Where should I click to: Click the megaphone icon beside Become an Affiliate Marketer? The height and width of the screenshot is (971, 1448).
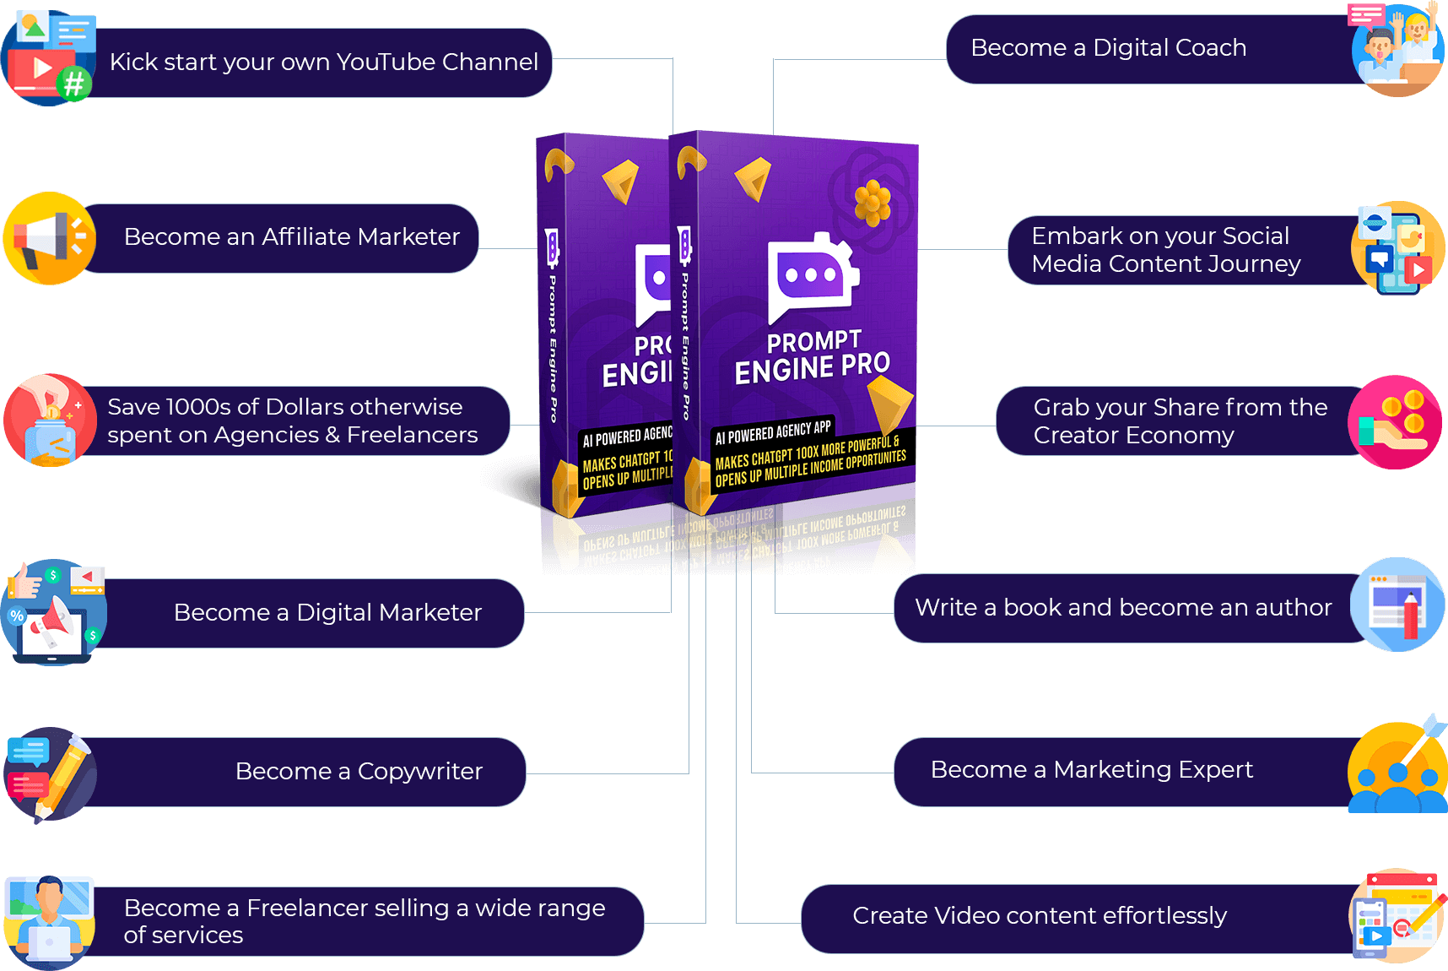click(x=49, y=239)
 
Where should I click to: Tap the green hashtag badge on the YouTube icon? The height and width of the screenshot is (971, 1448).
click(x=74, y=84)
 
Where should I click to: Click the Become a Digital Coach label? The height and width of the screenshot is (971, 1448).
click(x=1108, y=48)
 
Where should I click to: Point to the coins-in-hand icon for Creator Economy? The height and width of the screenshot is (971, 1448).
click(x=1395, y=422)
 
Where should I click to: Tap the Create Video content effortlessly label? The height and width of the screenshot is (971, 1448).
click(x=1039, y=915)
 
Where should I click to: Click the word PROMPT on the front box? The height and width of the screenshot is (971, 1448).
click(x=813, y=341)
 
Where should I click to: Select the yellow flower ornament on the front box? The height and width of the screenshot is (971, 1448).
click(x=873, y=203)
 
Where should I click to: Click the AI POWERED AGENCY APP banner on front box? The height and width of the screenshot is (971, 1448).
click(x=773, y=431)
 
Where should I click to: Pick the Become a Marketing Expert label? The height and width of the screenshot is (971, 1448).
click(x=1091, y=770)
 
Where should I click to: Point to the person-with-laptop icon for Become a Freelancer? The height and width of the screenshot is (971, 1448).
click(x=49, y=921)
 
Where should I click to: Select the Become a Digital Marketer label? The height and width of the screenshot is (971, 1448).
click(x=327, y=613)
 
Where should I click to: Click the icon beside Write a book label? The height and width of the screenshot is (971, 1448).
click(x=1397, y=605)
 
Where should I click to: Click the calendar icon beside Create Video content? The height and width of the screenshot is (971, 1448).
click(x=1397, y=916)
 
